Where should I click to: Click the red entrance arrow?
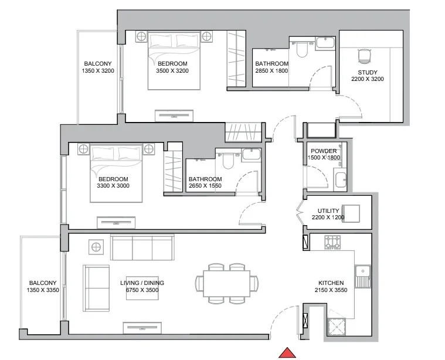point(287,352)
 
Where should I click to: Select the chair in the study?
point(364,56)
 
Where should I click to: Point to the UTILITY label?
point(328,210)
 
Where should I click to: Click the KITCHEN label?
point(331,282)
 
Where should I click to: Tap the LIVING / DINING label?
point(142,283)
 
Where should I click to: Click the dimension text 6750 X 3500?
point(142,290)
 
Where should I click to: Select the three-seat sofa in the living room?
point(142,247)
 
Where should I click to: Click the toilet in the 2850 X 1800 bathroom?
point(302,52)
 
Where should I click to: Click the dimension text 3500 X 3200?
point(172,71)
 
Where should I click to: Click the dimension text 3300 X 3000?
point(113,186)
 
